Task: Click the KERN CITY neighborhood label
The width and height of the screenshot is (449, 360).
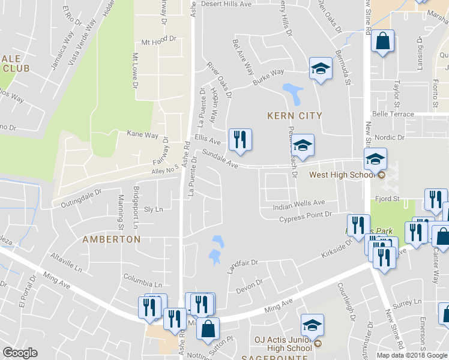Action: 294,115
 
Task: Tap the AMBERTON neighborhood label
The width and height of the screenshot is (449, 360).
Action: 111,239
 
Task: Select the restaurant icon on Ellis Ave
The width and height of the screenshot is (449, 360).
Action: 240,140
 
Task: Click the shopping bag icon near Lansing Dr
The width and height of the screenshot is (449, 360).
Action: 382,43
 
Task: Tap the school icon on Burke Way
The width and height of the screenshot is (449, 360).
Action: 321,69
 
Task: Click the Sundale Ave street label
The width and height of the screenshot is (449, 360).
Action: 220,158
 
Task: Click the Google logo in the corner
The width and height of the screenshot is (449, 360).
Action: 20,353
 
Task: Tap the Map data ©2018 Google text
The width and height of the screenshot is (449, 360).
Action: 412,355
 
